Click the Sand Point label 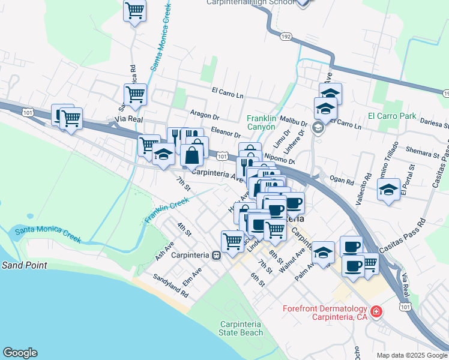pyautogui.click(x=25, y=265)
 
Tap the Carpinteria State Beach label pyautogui.click(x=240, y=328)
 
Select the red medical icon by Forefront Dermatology pyautogui.click(x=376, y=312)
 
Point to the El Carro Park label pyautogui.click(x=392, y=116)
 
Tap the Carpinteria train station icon pyautogui.click(x=216, y=254)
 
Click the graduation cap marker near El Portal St pyautogui.click(x=388, y=190)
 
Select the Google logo pyautogui.click(x=20, y=353)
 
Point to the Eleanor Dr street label pyautogui.click(x=226, y=134)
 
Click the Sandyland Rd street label pyautogui.click(x=170, y=287)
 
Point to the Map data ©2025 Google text pyautogui.click(x=411, y=355)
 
